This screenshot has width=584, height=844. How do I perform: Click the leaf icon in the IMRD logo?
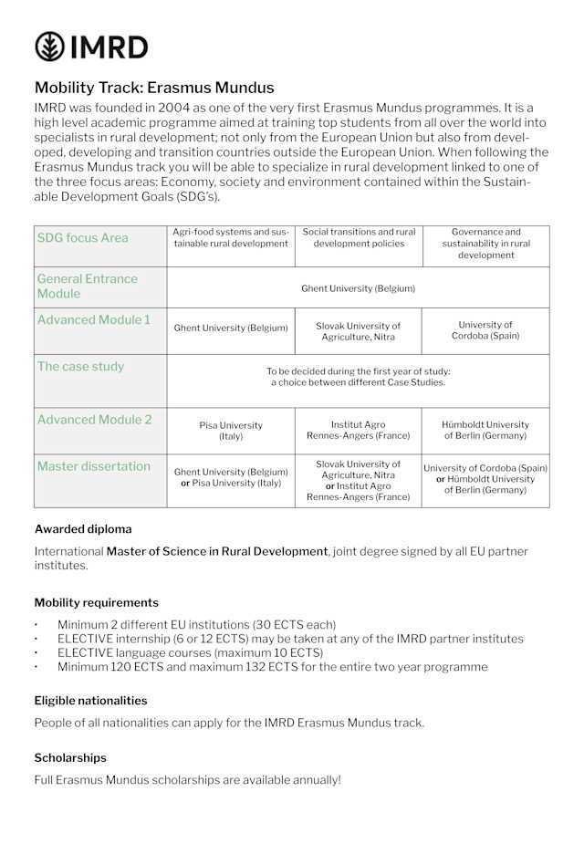(49, 46)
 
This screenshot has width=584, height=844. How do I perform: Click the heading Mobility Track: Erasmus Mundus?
(154, 88)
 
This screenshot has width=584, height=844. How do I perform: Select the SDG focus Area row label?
(82, 238)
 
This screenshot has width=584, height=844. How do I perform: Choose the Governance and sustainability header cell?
(485, 244)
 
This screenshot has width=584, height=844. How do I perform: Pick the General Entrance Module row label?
(87, 286)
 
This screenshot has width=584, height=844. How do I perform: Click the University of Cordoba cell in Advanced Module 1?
(485, 330)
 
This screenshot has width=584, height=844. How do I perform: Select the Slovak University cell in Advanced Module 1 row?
(358, 330)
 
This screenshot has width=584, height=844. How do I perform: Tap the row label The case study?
(80, 367)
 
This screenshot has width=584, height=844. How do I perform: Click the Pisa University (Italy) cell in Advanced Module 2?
(230, 431)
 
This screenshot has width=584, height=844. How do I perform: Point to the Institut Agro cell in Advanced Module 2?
(358, 431)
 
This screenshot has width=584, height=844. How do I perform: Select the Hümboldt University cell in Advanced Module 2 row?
(485, 431)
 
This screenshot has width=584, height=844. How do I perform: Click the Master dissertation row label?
(93, 466)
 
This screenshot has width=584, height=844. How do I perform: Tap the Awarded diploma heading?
(83, 529)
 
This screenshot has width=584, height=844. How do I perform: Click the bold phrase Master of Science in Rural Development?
(217, 551)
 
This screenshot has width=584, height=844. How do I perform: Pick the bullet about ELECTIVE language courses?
(190, 652)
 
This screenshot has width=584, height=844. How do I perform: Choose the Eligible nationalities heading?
(90, 701)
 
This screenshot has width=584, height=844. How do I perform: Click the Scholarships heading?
(70, 757)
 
